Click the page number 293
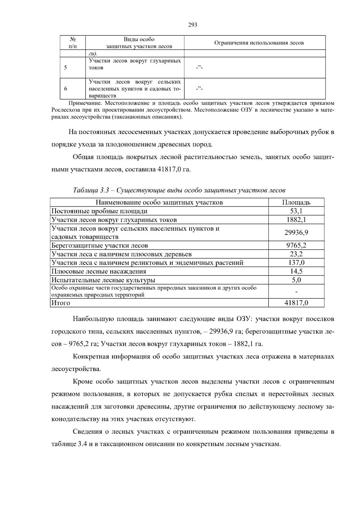pos(192,25)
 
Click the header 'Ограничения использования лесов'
pos(259,43)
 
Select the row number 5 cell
pos(65,68)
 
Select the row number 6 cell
pos(65,89)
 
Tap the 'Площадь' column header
pos(296,202)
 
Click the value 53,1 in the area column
pos(296,211)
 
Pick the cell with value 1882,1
pos(296,220)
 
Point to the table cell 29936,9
pos(296,233)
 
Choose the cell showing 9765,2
pos(296,246)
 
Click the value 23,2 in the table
pos(296,254)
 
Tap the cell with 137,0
pos(296,263)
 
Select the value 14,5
pos(296,272)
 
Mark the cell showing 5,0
pos(296,280)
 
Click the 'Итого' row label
pos(61,303)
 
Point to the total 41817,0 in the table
pos(296,303)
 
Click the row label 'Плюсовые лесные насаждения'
pos(99,272)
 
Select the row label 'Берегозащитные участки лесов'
pos(100,246)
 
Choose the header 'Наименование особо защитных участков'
pos(159,202)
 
